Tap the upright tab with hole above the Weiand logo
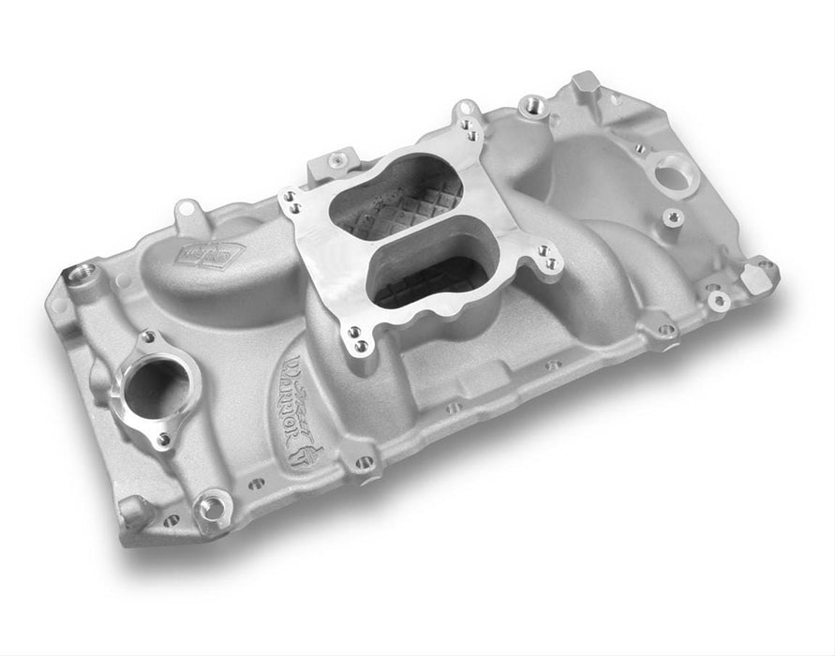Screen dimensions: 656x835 189,213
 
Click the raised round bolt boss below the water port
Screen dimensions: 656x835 672,218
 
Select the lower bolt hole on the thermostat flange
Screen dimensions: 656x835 163,439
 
